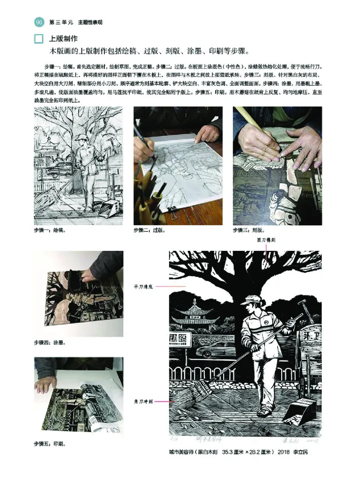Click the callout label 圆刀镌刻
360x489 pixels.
[266, 240]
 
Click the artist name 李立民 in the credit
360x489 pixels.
[301, 452]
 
